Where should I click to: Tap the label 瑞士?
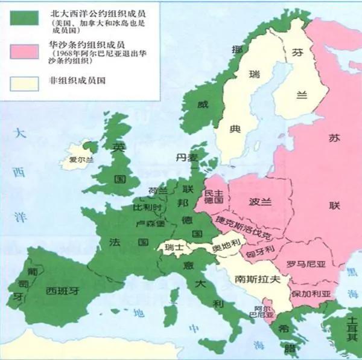tap(176, 248)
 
